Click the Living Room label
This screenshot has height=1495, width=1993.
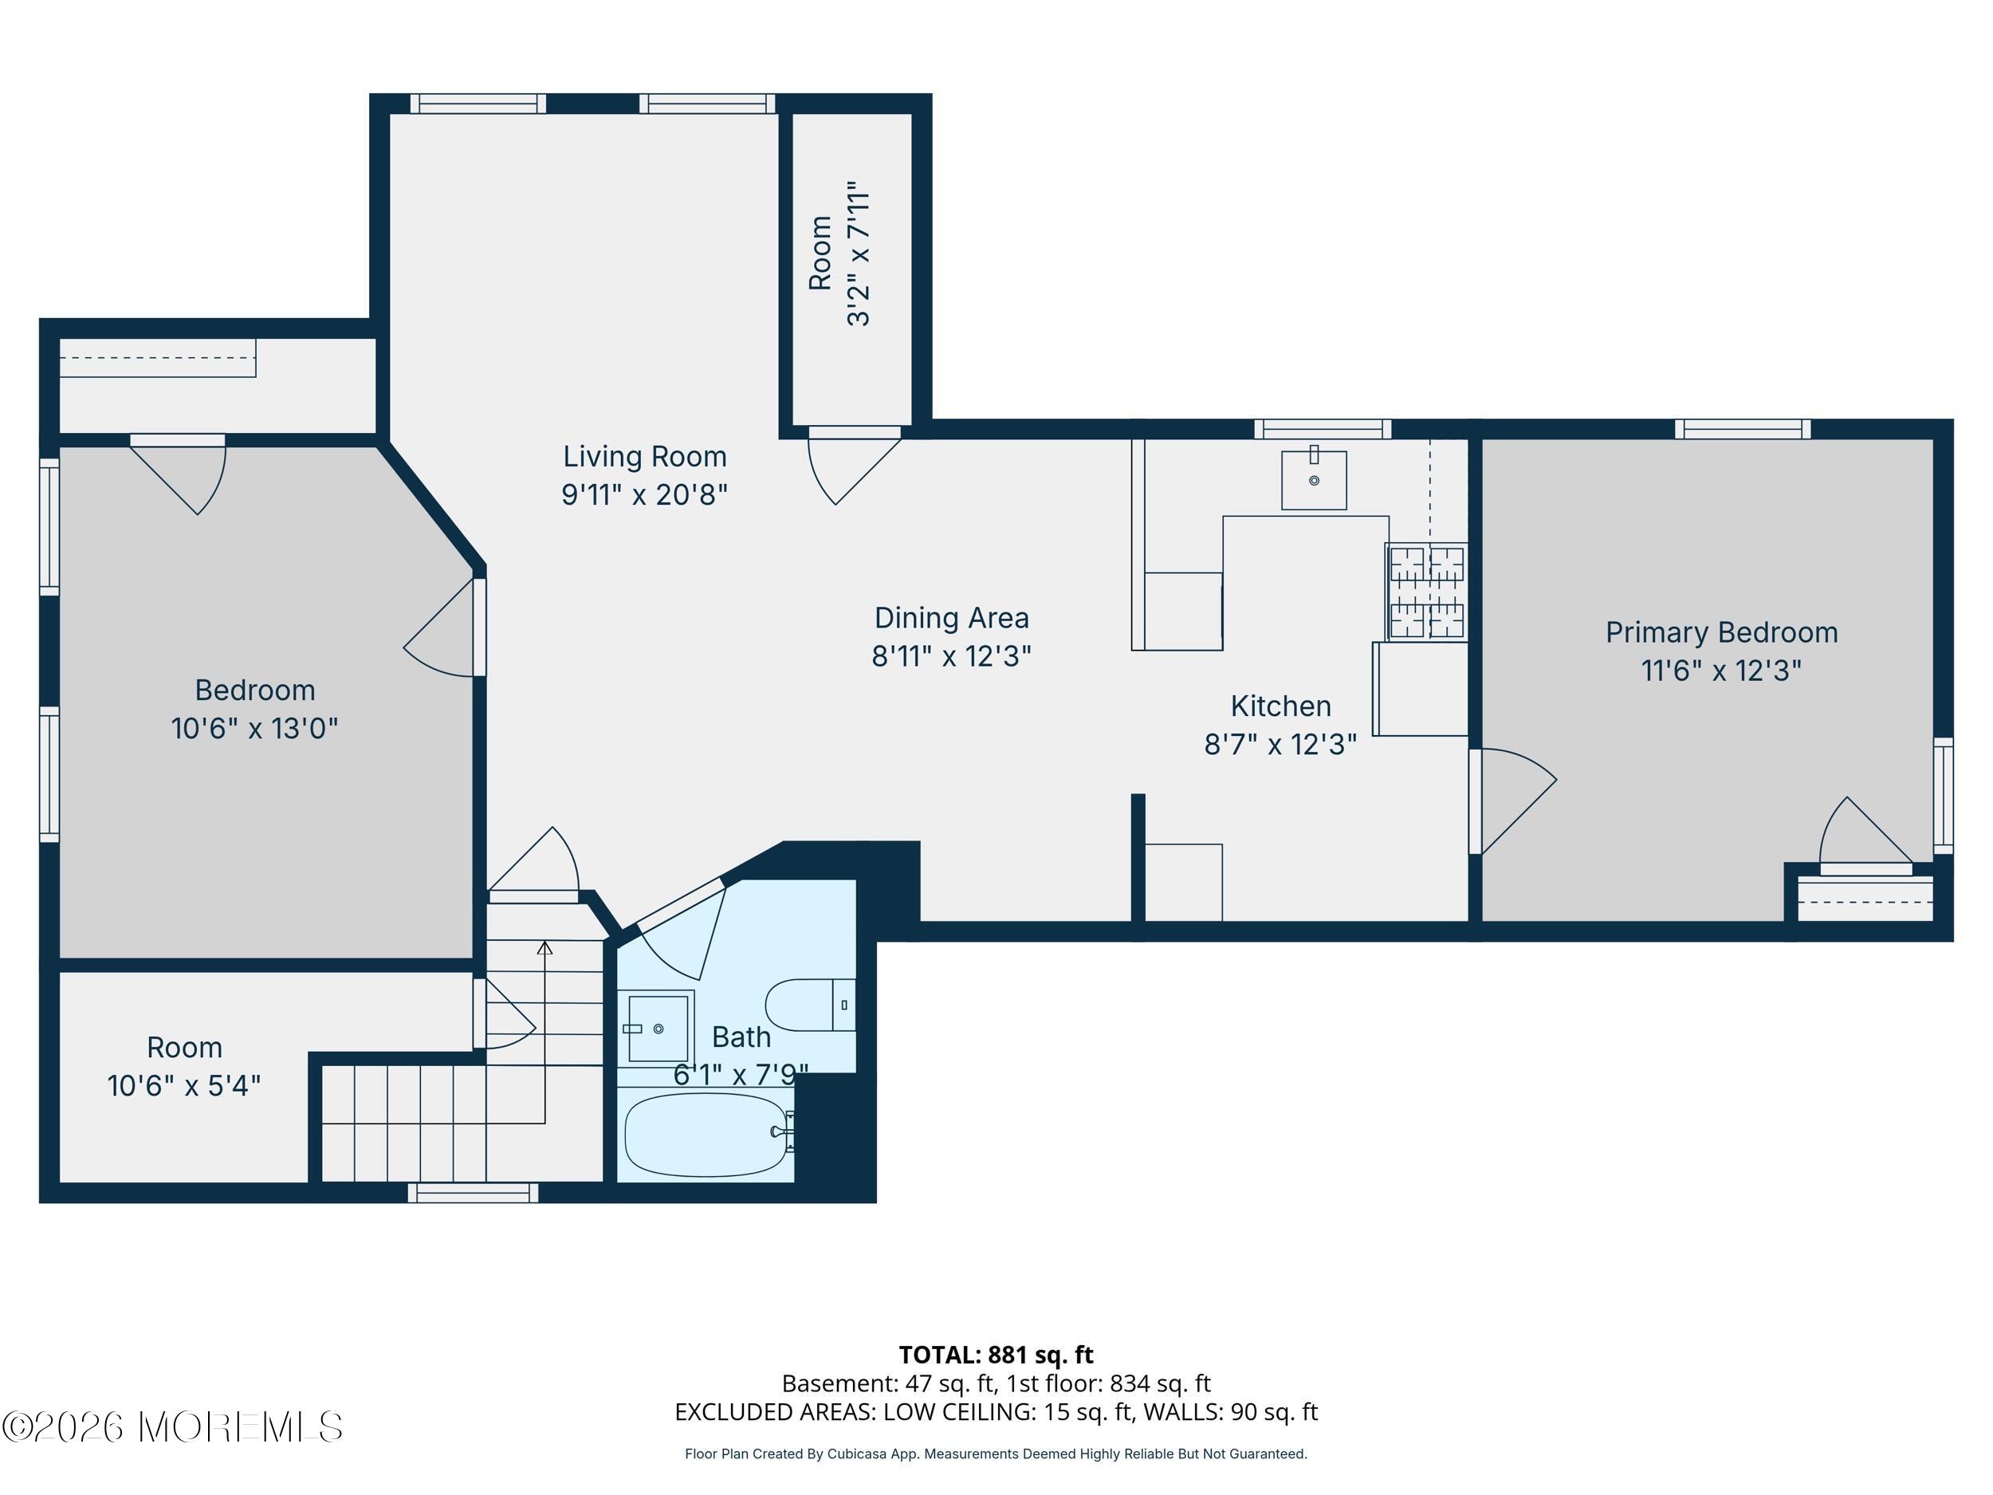point(645,457)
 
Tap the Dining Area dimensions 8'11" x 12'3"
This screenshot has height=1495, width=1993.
point(951,656)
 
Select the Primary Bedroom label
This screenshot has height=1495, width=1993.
point(1722,632)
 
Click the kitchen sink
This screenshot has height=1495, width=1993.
point(1314,479)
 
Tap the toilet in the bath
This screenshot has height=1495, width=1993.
point(810,1005)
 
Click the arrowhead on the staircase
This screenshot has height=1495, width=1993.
point(544,948)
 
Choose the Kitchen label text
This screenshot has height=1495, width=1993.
point(1280,706)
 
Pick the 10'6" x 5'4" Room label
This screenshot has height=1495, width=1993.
point(184,1067)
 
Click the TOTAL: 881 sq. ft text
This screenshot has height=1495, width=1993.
point(996,1355)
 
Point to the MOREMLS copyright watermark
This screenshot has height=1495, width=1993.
point(173,1426)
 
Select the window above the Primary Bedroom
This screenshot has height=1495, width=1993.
point(1743,429)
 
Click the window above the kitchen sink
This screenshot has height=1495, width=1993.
point(1323,429)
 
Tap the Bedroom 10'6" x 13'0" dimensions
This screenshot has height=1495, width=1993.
point(254,728)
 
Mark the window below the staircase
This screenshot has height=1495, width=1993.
point(473,1193)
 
